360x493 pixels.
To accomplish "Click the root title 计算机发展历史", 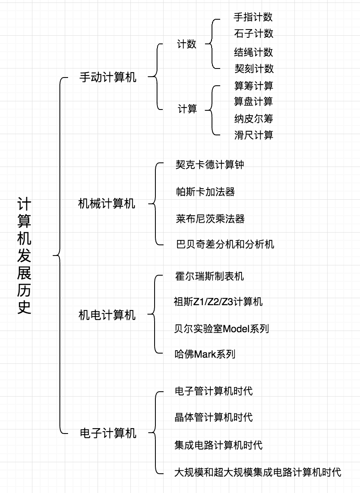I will point(25,256).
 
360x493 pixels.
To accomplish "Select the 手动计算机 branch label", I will point(107,77).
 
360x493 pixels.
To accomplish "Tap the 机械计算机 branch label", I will point(107,203).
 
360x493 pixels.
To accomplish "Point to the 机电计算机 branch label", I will point(107,315).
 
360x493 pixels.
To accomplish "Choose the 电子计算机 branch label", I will point(107,433).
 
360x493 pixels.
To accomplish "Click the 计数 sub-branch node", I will point(187,44).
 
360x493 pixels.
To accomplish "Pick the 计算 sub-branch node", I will point(187,109).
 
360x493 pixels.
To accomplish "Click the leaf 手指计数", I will point(253,17).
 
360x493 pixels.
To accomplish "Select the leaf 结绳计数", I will point(253,52).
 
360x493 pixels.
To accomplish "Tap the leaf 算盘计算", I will point(253,101).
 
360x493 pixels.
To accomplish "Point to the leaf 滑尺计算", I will point(253,135).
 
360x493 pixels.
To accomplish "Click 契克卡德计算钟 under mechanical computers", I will point(210,165).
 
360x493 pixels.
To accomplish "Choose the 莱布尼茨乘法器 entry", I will point(210,219).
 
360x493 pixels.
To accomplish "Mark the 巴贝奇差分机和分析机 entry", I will point(224,245).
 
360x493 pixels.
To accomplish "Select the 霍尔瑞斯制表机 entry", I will point(209,276).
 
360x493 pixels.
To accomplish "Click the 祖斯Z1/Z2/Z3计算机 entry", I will point(218,302).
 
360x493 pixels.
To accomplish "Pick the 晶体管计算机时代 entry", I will point(214,418).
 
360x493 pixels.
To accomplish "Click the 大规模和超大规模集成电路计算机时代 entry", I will point(257,472).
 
